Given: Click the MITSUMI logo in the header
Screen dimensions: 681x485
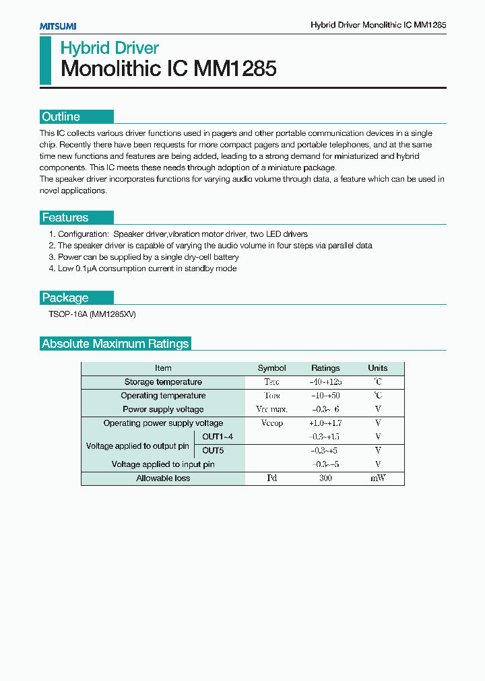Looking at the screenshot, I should (57, 26).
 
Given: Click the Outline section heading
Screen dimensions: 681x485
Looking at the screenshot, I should (61, 116).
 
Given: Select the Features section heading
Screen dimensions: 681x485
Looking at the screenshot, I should (65, 217).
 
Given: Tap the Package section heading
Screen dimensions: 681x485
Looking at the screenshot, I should (65, 297).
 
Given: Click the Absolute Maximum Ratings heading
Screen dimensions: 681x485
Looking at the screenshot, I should (115, 344).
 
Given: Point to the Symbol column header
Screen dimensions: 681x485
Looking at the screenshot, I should (272, 368).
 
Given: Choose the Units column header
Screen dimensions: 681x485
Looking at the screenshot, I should (378, 368).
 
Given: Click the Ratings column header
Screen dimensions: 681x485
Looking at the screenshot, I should (325, 368).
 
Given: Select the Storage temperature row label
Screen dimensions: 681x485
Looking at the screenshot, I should (163, 382).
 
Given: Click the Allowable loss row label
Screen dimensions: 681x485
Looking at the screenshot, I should (163, 478).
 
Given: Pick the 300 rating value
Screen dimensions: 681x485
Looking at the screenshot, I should (325, 478).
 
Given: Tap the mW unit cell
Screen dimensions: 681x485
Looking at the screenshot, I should (378, 478).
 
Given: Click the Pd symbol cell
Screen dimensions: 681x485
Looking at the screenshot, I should (272, 478).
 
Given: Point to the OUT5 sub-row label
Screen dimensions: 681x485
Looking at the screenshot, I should (213, 450).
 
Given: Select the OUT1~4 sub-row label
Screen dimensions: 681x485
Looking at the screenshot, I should (218, 437).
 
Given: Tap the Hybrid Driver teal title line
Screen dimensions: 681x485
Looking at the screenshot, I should (110, 48).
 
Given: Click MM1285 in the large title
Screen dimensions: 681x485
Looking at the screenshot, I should (235, 69).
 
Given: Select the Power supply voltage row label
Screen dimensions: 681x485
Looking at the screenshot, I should (163, 409).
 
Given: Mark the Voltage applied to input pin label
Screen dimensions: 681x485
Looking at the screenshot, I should (163, 464).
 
